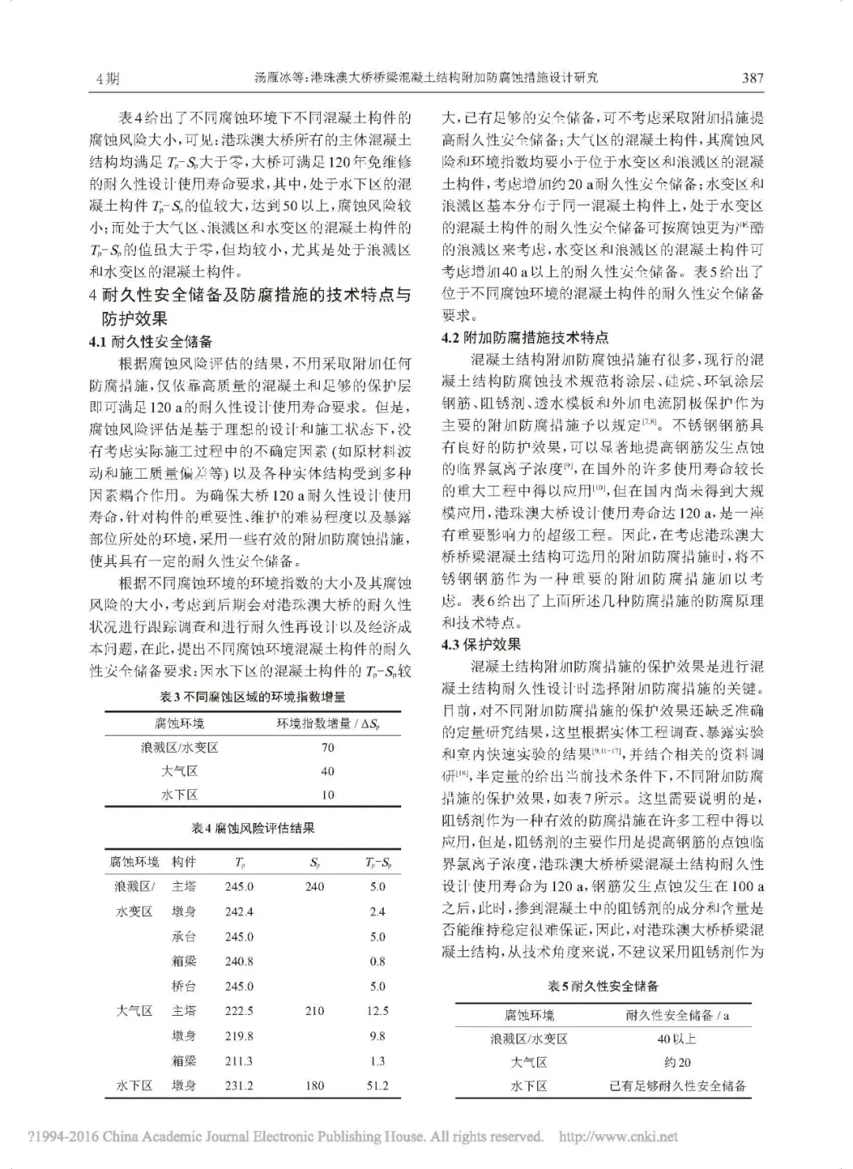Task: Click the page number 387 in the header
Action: (752, 77)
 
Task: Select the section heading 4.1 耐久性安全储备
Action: (151, 342)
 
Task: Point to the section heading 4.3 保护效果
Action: (481, 645)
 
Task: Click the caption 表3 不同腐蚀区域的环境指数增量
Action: (253, 697)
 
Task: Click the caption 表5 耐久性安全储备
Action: (603, 986)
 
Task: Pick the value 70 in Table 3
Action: (327, 747)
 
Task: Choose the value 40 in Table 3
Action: (327, 771)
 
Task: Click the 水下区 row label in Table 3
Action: (179, 795)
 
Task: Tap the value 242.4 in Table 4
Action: (239, 912)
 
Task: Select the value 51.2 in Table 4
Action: (378, 1085)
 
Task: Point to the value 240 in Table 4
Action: (314, 886)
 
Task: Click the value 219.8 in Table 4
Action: (239, 1036)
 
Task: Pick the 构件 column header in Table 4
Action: (184, 862)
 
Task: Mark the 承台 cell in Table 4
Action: (184, 937)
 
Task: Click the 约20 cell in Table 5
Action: (678, 1062)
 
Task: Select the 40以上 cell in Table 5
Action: (678, 1039)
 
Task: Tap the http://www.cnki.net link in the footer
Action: (618, 1137)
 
